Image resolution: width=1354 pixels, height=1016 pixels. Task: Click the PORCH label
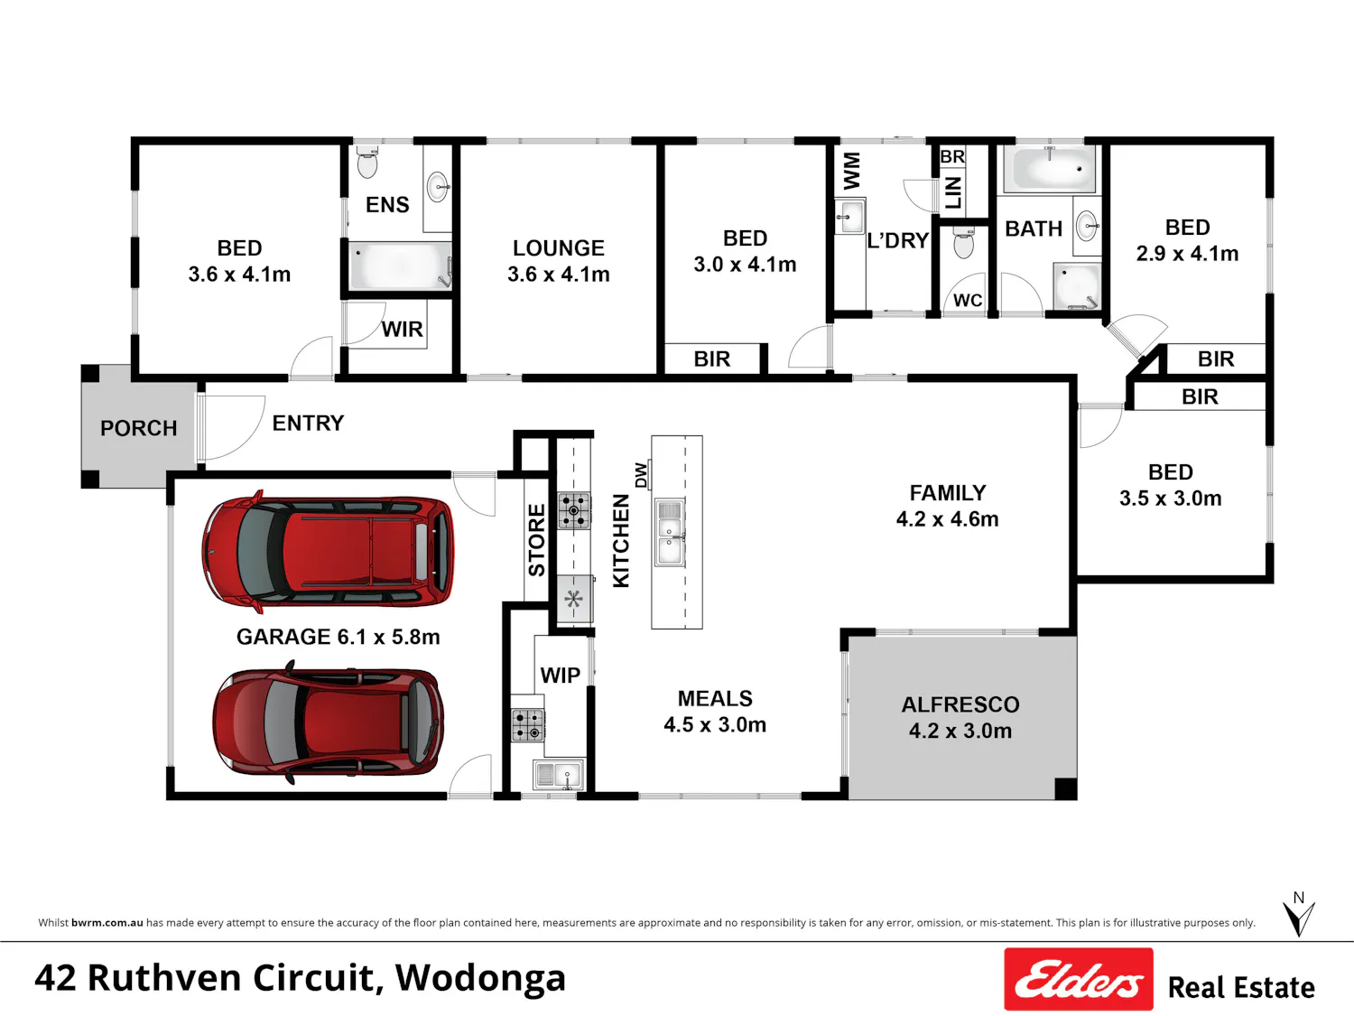[x=139, y=428]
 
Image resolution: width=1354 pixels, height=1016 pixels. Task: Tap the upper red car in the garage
[x=328, y=551]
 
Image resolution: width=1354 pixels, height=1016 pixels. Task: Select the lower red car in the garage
[x=329, y=722]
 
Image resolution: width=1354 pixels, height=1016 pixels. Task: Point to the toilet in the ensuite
[x=367, y=162]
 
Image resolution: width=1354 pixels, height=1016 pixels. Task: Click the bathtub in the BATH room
[x=1049, y=168]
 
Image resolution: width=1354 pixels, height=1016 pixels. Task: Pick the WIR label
[x=403, y=330]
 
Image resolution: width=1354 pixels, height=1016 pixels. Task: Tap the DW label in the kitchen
[x=642, y=475]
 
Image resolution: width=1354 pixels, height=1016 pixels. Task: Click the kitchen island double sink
[x=669, y=532]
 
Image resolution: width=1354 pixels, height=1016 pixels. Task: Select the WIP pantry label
[x=561, y=676]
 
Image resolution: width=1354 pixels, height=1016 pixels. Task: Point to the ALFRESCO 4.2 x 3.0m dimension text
[x=960, y=731]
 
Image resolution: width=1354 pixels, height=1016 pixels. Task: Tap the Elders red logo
[x=1079, y=979]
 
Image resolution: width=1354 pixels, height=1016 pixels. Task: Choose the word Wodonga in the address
[x=480, y=978]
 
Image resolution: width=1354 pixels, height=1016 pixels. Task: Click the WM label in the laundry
[x=851, y=171]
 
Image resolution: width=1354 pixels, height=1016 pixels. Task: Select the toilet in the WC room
[x=963, y=242]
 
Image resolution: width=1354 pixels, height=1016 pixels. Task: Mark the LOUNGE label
[x=558, y=248]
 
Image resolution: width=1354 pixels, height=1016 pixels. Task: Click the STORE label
[x=537, y=540]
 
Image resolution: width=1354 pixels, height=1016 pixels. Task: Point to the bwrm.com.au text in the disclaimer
[x=107, y=923]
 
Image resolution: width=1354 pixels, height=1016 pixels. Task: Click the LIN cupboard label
[x=953, y=192]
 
